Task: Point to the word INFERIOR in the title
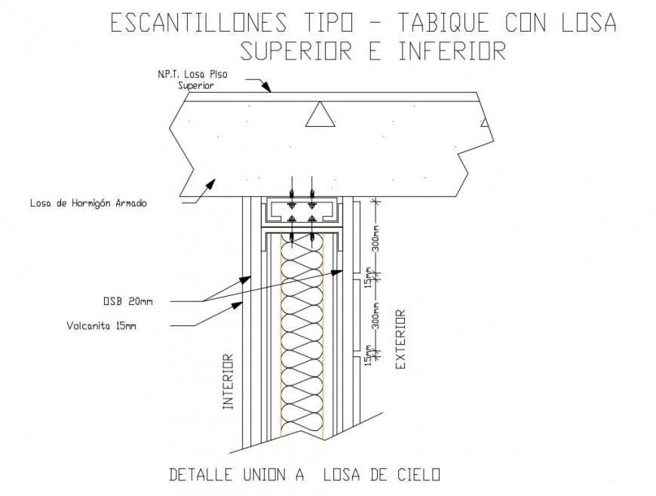(x=451, y=51)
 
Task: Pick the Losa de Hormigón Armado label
(x=88, y=203)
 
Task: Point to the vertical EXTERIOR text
(x=400, y=339)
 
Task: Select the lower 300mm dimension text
(x=376, y=318)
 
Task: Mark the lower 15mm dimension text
(x=369, y=355)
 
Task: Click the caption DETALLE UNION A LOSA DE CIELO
(x=304, y=475)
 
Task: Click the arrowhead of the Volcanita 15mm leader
(x=240, y=304)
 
